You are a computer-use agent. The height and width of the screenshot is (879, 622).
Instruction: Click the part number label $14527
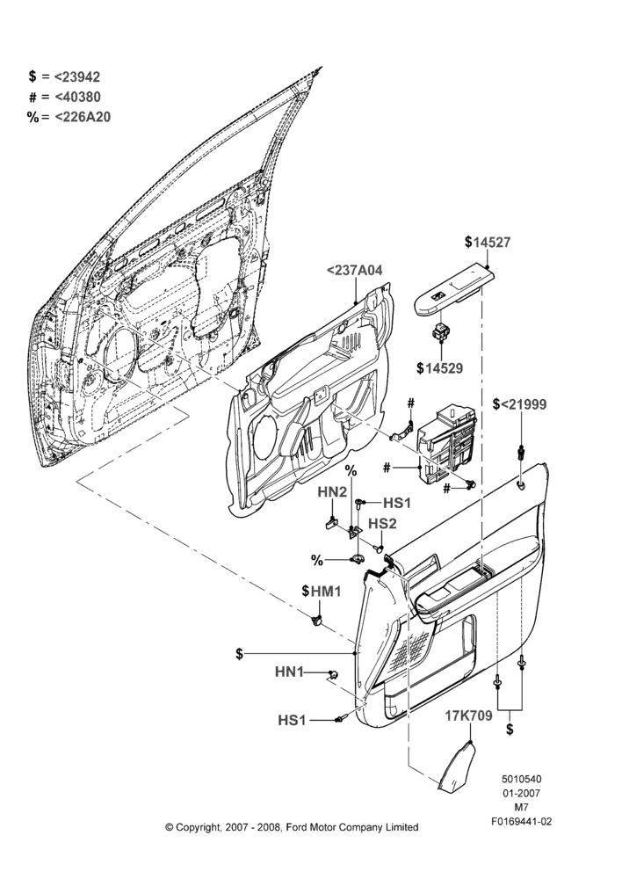(488, 243)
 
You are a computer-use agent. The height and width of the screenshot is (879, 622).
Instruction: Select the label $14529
(440, 368)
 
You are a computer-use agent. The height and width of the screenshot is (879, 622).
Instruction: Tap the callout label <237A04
(355, 271)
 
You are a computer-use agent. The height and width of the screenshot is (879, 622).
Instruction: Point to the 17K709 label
(469, 716)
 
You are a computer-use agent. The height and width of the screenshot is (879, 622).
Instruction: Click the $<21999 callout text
(519, 404)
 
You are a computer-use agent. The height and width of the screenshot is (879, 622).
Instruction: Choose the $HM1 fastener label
(321, 591)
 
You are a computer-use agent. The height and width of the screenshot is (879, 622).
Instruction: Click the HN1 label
(289, 672)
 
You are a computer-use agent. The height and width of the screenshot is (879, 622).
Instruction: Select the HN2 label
(332, 492)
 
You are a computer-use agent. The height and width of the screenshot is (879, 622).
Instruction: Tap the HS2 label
(382, 524)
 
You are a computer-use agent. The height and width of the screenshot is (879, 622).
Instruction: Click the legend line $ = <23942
(64, 76)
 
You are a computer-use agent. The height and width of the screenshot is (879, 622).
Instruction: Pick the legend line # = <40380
(64, 97)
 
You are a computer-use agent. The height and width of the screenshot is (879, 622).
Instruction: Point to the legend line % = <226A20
(69, 117)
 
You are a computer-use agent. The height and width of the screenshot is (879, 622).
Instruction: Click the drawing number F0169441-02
(522, 822)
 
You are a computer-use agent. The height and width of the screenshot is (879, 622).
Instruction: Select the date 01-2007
(521, 793)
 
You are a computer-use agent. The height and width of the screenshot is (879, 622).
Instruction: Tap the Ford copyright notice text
(292, 827)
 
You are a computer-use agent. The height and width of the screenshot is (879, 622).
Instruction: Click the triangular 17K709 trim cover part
(457, 767)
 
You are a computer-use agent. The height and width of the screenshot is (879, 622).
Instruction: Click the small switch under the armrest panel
(440, 332)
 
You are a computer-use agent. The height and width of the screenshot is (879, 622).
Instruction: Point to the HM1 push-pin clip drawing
(317, 621)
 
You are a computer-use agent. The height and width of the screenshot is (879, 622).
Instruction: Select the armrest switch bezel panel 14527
(455, 291)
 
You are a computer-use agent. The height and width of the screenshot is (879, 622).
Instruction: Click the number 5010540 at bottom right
(521, 779)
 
